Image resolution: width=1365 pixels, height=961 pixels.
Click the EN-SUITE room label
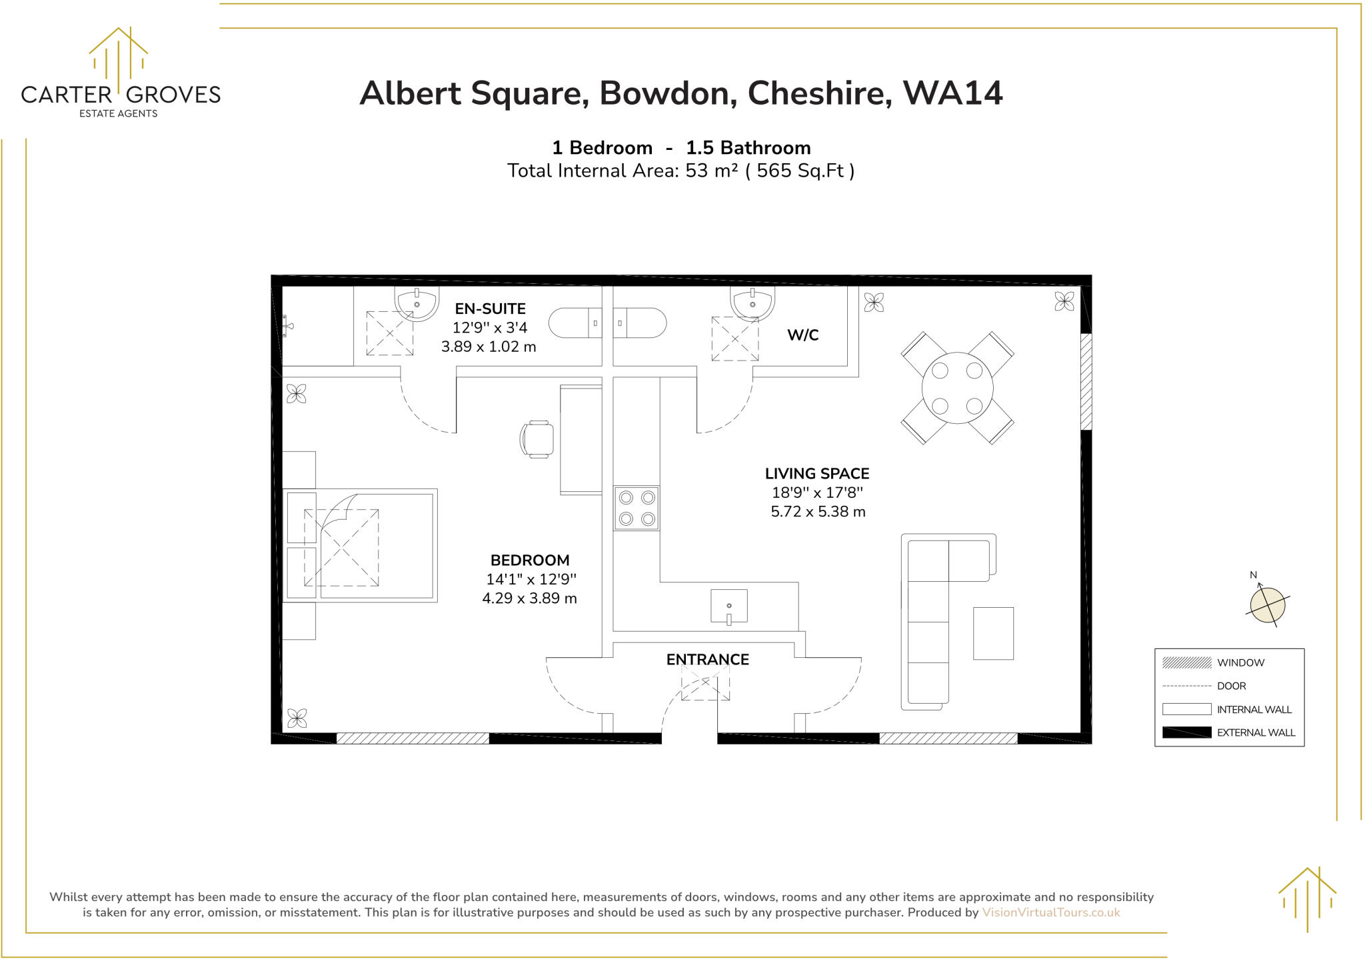click(490, 309)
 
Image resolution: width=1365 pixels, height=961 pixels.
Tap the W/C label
click(802, 335)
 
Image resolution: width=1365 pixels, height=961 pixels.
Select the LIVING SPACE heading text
click(816, 474)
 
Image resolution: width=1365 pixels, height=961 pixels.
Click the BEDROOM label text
click(530, 560)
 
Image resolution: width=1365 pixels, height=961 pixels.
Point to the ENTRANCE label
click(707, 660)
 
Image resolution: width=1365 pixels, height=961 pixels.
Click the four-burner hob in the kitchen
click(637, 508)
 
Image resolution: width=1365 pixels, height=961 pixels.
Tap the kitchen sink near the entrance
click(728, 606)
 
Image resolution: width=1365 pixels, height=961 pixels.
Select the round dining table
click(957, 388)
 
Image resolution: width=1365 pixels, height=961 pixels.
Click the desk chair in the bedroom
click(537, 439)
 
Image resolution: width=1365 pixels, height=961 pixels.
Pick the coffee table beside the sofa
click(993, 633)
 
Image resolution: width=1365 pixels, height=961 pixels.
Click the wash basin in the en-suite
click(417, 304)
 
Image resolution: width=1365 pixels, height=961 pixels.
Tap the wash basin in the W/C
click(752, 304)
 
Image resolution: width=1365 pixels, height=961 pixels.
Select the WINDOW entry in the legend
click(1240, 662)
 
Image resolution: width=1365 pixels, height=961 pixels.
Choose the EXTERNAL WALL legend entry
click(1255, 732)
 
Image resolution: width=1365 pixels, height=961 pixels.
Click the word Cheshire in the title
click(819, 93)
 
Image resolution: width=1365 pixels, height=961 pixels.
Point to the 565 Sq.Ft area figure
click(800, 171)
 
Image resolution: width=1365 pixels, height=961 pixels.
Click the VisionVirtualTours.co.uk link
click(1050, 912)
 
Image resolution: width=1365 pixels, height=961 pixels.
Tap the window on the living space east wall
click(1086, 381)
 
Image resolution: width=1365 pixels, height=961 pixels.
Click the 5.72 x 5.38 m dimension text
click(818, 512)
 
